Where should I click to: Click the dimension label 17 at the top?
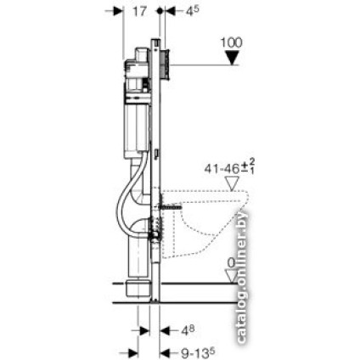[x=139, y=11]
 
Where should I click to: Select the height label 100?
[x=231, y=42]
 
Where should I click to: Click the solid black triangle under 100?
[x=232, y=58]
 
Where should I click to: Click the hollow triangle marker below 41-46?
[x=232, y=183]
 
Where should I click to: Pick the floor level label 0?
[x=231, y=263]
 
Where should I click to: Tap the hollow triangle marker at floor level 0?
[x=232, y=276]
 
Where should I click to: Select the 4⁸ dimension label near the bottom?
[x=188, y=330]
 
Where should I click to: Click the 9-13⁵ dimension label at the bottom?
[x=198, y=352]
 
